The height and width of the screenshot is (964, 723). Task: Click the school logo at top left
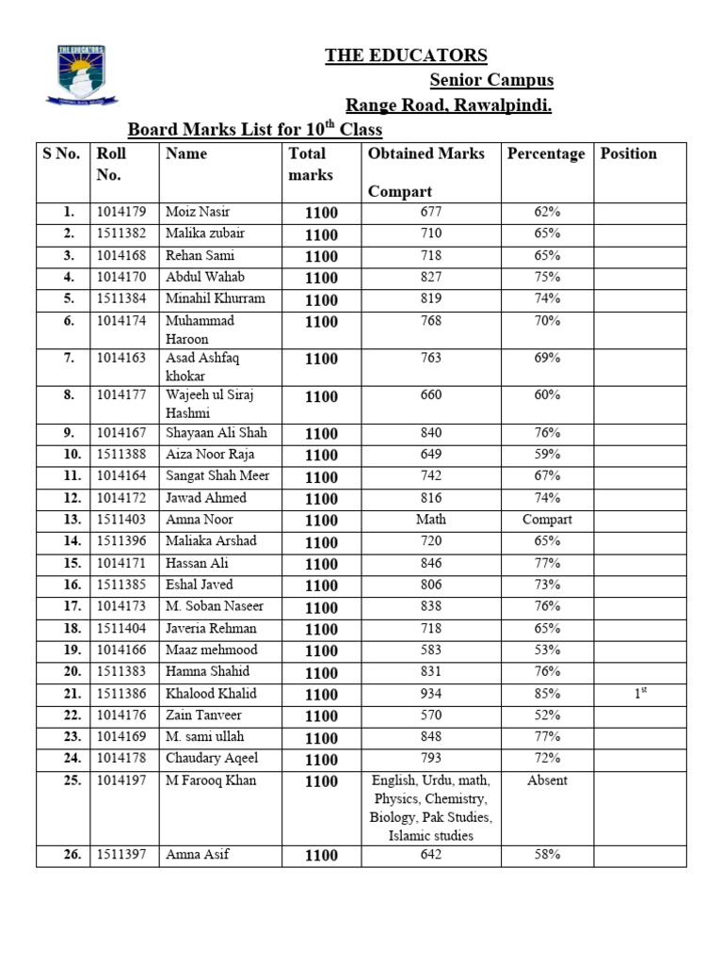(80, 74)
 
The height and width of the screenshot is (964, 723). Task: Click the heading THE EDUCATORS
(406, 56)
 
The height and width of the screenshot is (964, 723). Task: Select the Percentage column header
(545, 153)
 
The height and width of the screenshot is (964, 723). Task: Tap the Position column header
(628, 153)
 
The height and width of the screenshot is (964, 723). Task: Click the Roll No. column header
(111, 164)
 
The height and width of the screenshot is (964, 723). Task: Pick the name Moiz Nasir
(197, 212)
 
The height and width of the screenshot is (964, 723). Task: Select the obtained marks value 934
(430, 694)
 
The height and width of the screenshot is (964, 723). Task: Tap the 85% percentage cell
(547, 694)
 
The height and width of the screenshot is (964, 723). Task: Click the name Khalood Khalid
(211, 694)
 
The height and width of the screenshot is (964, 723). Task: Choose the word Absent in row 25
(547, 780)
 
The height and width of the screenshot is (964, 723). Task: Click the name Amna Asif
(197, 855)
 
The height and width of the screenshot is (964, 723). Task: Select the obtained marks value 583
(430, 651)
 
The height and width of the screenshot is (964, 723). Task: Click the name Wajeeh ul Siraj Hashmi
(210, 404)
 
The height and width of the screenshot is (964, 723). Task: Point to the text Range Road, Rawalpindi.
(447, 105)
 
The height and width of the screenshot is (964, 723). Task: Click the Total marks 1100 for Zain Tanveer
(321, 716)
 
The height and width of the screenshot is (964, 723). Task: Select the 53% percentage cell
(547, 651)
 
